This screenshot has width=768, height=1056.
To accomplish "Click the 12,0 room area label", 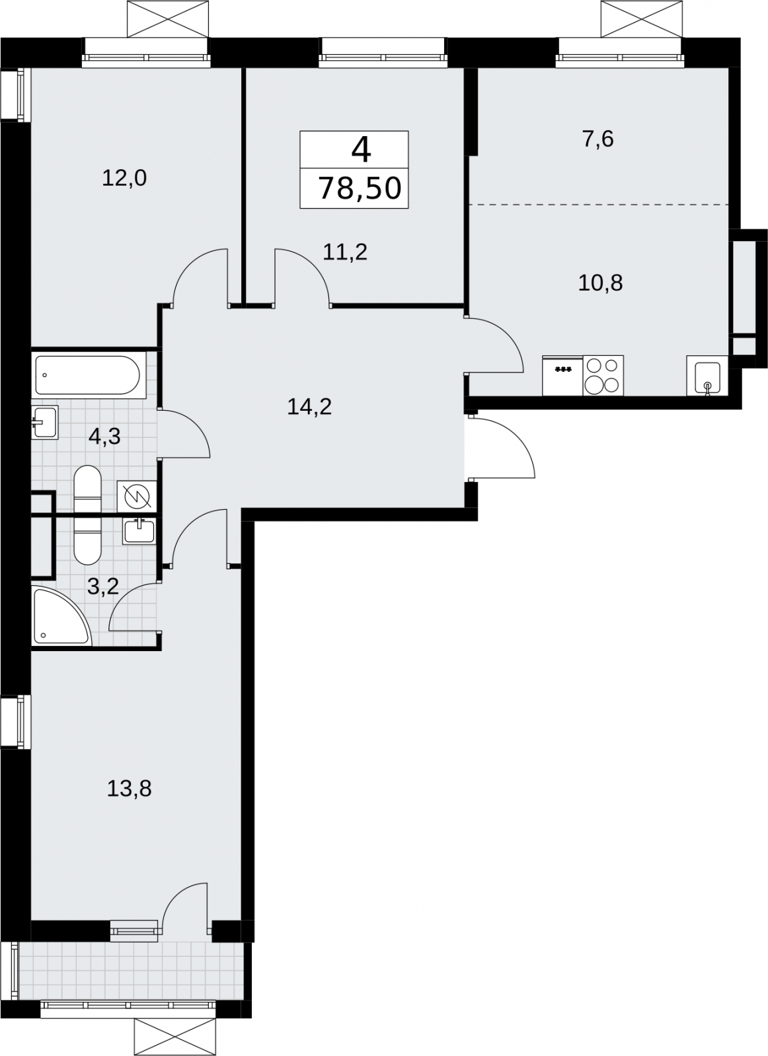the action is coord(124,179).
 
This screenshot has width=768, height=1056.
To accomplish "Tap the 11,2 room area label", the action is coord(345,252).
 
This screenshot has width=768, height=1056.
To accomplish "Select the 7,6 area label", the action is coord(598,139).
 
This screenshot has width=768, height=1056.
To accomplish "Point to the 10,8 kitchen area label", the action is coord(601,283).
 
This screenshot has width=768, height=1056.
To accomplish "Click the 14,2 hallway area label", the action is coord(309,406).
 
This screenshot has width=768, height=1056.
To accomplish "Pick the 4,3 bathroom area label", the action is coord(104,437).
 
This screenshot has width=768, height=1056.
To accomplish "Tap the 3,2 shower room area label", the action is coord(103,587).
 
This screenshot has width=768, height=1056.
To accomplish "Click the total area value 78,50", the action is coord(360,188).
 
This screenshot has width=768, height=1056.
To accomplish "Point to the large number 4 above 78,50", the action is coord(362,150).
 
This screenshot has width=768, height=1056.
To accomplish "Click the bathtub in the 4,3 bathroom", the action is coord(88,375).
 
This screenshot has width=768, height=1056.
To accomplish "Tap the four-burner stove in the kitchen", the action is coord(603,375).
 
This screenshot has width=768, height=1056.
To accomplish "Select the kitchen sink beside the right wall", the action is coord(707,376).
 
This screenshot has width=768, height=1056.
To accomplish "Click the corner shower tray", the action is coord(61,616).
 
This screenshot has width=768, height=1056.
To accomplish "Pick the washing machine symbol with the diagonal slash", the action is coord(137,497).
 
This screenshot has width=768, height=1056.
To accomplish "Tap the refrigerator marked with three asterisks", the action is coord(562,375).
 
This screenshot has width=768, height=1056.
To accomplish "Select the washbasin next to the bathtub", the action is coord(45,423).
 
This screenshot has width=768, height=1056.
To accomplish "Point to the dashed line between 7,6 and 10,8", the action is coord(599,205).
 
